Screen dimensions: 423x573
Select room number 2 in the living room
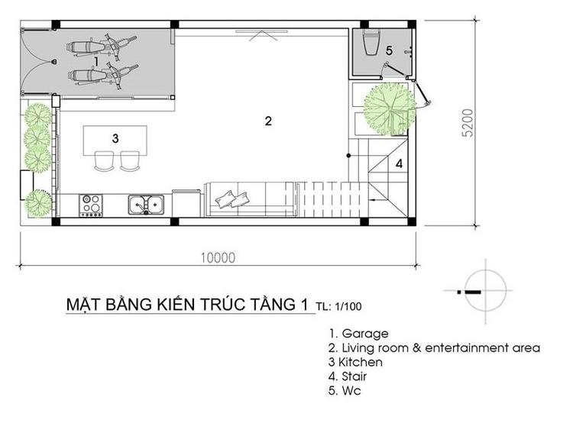268,121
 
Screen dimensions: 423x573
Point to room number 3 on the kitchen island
115,138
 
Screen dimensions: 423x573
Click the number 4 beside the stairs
399,163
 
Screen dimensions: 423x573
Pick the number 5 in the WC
389,50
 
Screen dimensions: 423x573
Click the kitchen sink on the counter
145,204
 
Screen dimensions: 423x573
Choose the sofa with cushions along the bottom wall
248,199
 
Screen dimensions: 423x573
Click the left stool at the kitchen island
102,160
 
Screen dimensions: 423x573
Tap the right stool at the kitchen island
129,160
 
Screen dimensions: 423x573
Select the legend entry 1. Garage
358,334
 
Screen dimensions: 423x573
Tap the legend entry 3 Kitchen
355,362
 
